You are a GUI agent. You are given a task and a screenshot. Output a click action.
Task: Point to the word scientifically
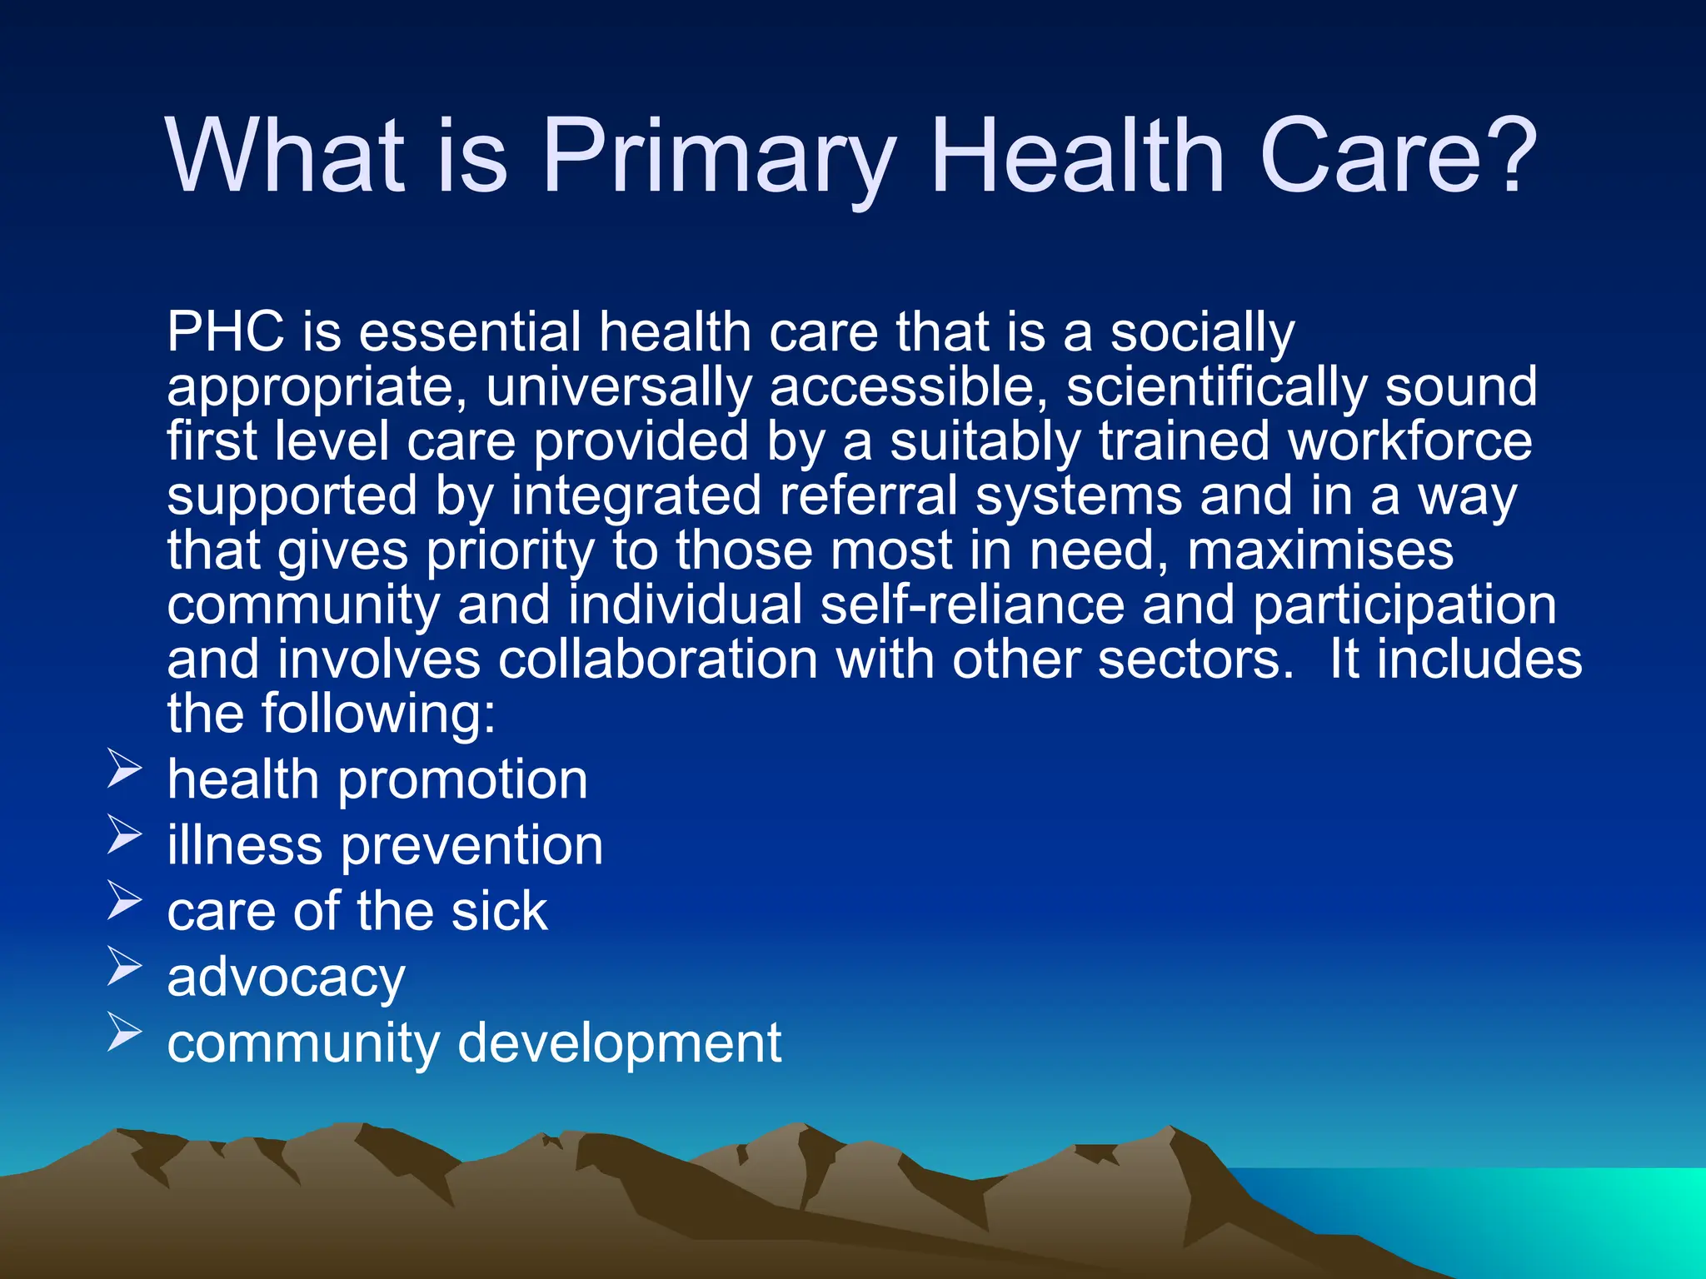[x=1216, y=387]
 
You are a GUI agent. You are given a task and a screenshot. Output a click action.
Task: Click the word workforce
[x=1409, y=441]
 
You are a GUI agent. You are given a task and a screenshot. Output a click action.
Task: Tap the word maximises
[x=1320, y=551]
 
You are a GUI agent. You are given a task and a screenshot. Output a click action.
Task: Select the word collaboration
[x=658, y=659]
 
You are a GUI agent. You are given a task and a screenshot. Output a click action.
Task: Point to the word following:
[x=379, y=714]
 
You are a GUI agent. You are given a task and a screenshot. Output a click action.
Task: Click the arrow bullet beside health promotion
[x=125, y=768]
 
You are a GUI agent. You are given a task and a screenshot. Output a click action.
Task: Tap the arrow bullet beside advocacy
[x=125, y=965]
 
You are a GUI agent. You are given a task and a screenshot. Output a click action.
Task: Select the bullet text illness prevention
[x=385, y=846]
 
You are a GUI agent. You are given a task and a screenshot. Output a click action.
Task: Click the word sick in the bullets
[x=499, y=911]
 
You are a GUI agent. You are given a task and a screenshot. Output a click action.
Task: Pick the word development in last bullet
[x=620, y=1043]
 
